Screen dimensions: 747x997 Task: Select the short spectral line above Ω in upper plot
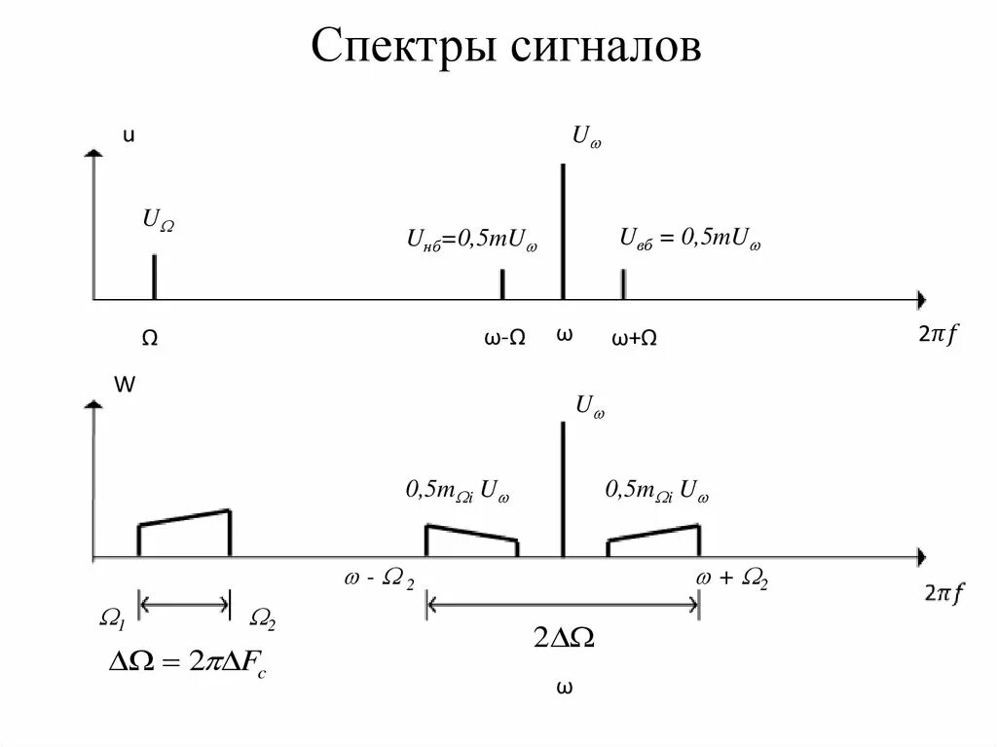154,277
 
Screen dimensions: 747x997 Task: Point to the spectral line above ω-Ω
502,283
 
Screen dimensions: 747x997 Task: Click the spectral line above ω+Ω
623,283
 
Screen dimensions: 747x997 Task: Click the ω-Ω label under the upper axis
504,338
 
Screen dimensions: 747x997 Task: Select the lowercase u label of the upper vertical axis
127,136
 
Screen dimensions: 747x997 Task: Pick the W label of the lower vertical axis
125,385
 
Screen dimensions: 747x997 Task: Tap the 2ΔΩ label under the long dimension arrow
564,639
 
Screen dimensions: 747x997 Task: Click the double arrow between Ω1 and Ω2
185,605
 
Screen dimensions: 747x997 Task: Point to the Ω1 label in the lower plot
113,617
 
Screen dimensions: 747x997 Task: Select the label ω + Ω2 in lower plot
732,579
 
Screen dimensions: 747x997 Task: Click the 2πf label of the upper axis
938,335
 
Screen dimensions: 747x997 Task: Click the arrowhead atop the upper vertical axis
93,153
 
